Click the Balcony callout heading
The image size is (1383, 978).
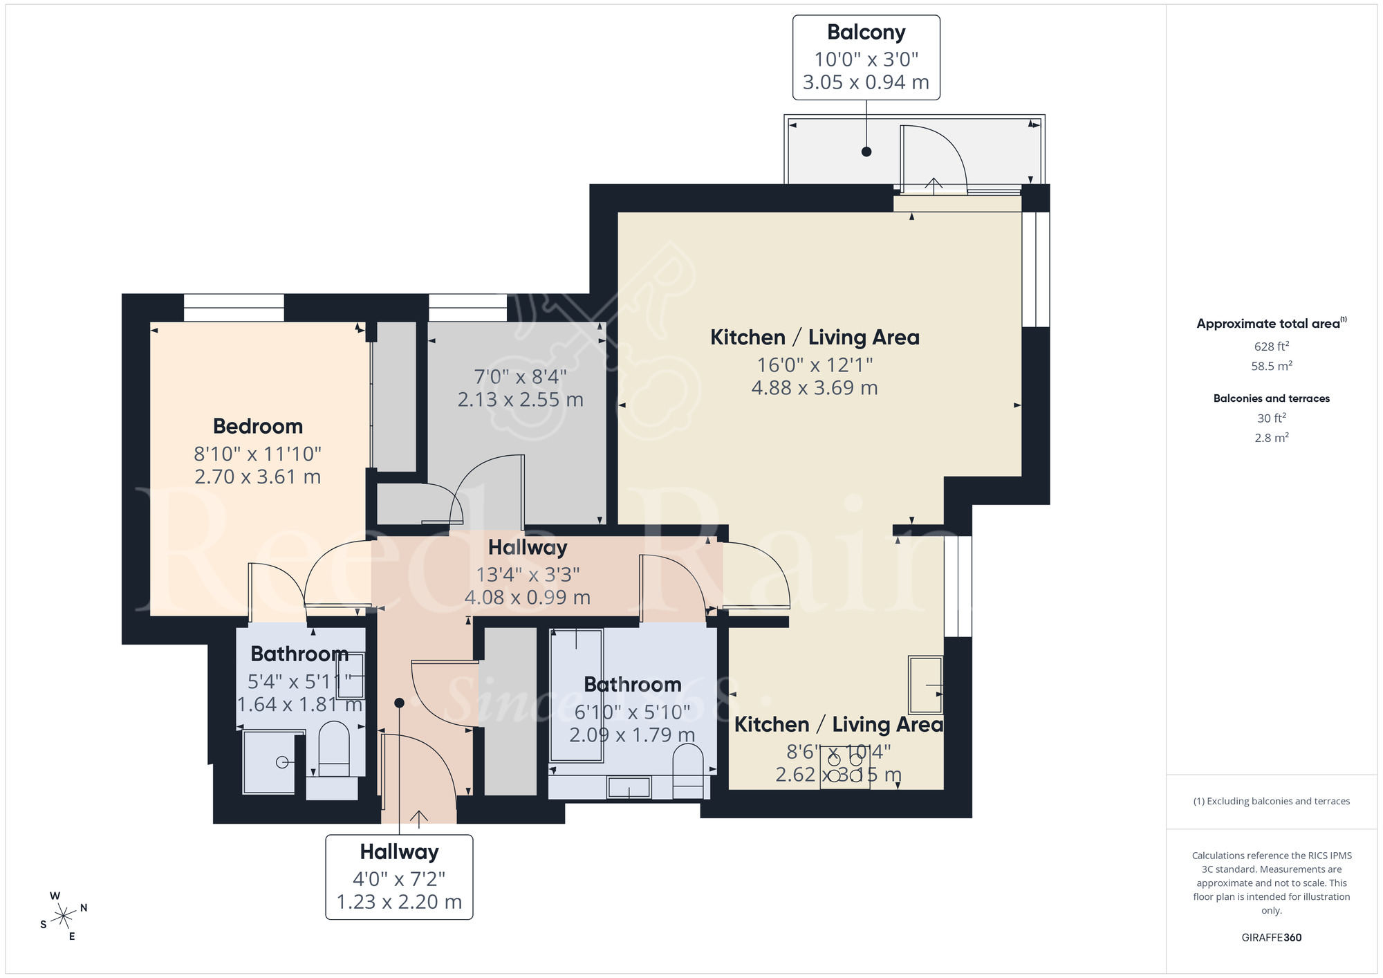point(866,33)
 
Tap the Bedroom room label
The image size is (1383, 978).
point(257,426)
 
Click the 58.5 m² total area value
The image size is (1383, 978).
point(1271,366)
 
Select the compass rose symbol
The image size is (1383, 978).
point(64,916)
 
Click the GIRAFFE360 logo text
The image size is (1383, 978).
point(1271,937)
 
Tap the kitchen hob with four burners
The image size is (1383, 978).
point(845,768)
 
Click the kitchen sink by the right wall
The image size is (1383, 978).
point(925,685)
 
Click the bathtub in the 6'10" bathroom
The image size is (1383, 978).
point(576,695)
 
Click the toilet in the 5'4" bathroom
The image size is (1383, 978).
point(334,749)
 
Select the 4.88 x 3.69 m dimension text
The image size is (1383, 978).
point(814,387)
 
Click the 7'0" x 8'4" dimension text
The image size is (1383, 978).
point(520,377)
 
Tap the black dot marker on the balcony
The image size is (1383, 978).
point(866,151)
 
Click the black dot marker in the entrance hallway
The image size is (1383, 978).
point(399,703)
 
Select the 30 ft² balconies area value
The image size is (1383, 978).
point(1271,418)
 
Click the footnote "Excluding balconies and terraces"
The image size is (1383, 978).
point(1271,801)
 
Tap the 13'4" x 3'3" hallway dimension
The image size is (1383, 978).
point(528,574)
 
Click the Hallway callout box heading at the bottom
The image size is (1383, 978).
point(399,851)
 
